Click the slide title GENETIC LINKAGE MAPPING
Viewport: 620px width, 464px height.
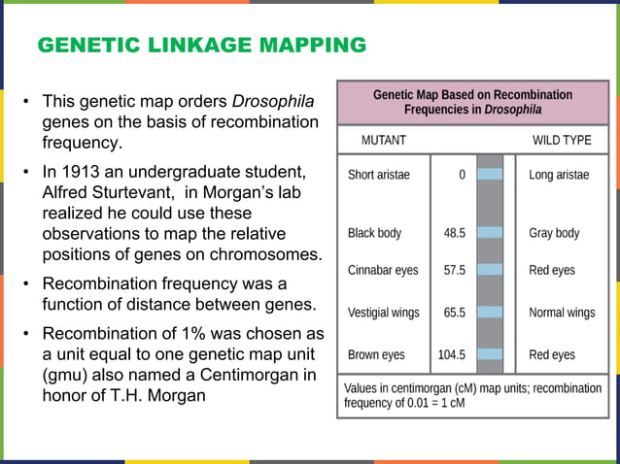point(201,46)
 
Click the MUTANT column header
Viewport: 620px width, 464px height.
point(383,140)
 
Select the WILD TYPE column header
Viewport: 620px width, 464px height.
point(562,140)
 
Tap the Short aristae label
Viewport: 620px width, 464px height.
point(379,176)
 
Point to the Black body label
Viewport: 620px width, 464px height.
point(374,233)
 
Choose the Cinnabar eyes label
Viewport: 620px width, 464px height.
point(384,271)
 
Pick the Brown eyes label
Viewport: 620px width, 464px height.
point(377,355)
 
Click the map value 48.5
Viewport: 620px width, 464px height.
point(454,233)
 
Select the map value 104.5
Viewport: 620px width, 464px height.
point(451,355)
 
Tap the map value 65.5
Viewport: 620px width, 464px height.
point(454,313)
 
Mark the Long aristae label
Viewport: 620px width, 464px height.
point(560,176)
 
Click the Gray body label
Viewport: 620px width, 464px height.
point(554,233)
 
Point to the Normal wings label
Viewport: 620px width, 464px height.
point(562,313)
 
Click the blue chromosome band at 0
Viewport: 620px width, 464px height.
point(490,175)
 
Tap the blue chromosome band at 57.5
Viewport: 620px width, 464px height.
point(490,269)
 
